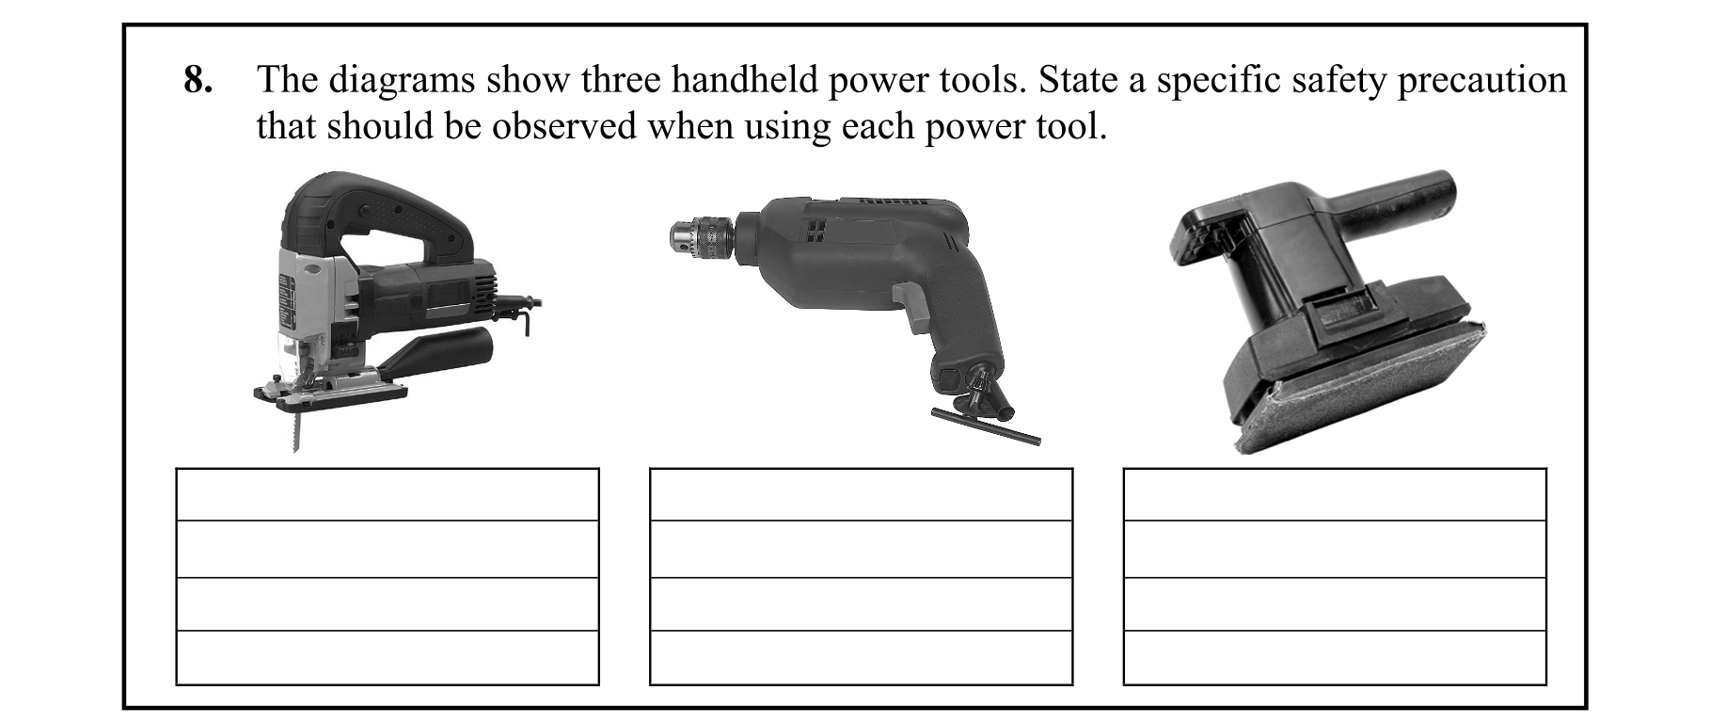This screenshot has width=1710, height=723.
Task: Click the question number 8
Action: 198,81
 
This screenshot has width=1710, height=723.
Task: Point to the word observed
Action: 564,125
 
